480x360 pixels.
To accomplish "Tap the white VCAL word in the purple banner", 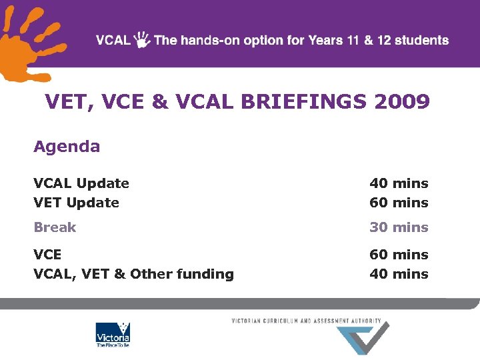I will pyautogui.click(x=113, y=40).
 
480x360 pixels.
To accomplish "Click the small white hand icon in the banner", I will pyautogui.click(x=142, y=39).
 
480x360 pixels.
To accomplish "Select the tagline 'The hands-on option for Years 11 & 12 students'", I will pyautogui.click(x=301, y=40).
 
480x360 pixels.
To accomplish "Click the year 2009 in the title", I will pyautogui.click(x=402, y=102).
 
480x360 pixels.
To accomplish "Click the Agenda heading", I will pyautogui.click(x=67, y=147).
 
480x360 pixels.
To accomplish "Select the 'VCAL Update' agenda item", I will pyautogui.click(x=81, y=183).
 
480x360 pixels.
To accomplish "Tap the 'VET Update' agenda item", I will pyautogui.click(x=77, y=203).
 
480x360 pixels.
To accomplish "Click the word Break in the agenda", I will pyautogui.click(x=55, y=227).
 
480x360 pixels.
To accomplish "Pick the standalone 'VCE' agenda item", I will pyautogui.click(x=47, y=255).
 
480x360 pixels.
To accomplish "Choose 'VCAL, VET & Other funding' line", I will pyautogui.click(x=133, y=274).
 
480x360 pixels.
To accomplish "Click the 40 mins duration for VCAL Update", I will pyautogui.click(x=399, y=183).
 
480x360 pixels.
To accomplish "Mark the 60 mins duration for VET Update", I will pyautogui.click(x=399, y=203).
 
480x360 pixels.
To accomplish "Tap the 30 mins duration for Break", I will pyautogui.click(x=399, y=227).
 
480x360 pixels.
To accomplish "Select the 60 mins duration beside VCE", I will pyautogui.click(x=399, y=255).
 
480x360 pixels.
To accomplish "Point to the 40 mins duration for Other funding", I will pyautogui.click(x=399, y=274).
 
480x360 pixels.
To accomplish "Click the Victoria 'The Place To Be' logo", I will pyautogui.click(x=113, y=335).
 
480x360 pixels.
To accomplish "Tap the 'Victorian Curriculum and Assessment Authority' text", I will pyautogui.click(x=306, y=321).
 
